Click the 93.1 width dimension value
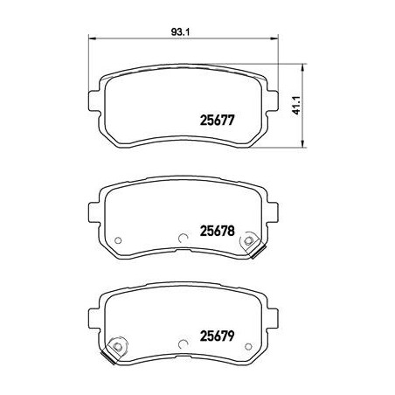pos(180,31)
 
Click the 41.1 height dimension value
pos(296,105)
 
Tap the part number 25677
pos(217,121)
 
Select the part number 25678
pos(217,231)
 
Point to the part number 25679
pos(217,336)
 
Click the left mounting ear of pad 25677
pos(94,101)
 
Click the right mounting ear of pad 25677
pos(273,101)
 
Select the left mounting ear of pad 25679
pos(94,317)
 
